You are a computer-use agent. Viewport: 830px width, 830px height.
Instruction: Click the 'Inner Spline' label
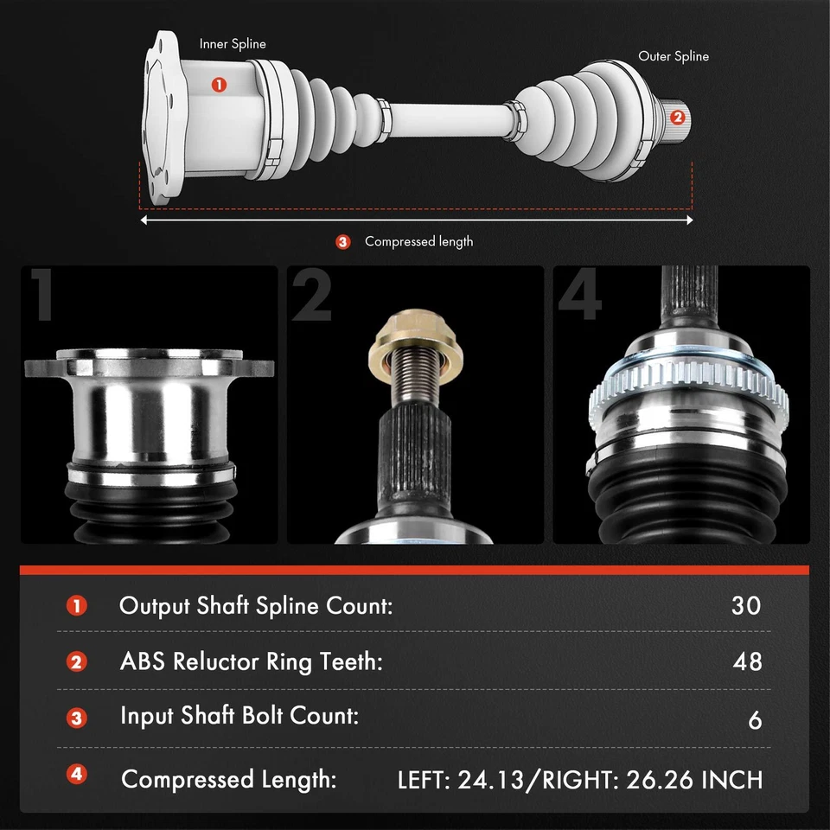233,44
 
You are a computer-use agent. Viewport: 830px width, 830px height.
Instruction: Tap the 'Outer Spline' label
674,56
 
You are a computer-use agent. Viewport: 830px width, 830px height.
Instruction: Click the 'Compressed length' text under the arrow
418,241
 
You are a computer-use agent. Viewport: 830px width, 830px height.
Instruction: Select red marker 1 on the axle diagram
219,84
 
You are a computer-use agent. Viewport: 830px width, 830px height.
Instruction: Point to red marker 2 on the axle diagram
677,116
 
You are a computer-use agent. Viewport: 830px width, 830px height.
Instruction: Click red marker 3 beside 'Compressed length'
343,242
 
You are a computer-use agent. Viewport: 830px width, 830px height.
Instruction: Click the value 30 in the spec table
745,605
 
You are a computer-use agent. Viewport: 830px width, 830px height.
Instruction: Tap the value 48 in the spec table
745,661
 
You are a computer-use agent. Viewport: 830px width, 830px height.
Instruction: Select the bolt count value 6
755,719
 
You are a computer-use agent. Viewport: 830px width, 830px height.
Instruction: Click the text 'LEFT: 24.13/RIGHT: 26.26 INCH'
580,780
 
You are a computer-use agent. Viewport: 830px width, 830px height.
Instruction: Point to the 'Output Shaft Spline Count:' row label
256,605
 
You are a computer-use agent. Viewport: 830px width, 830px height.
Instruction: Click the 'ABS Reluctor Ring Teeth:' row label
251,661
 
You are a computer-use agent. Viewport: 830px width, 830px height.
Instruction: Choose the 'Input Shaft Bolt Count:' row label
239,717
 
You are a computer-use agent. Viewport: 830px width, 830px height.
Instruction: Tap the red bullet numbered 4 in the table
77,775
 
